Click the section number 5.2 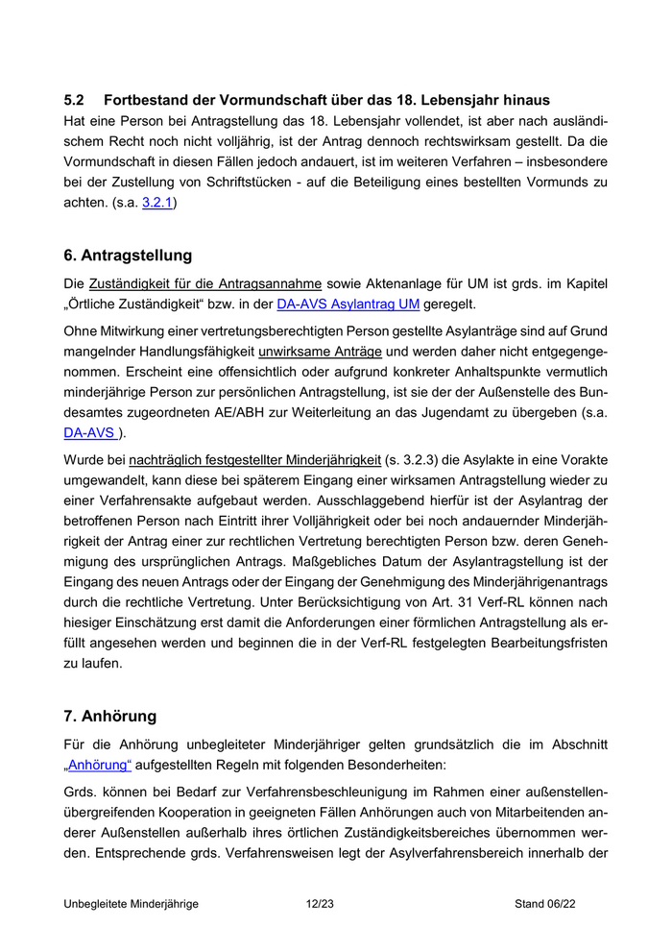pyautogui.click(x=75, y=100)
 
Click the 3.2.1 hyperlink pyautogui.click(x=158, y=204)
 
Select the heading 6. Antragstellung pyautogui.click(x=128, y=256)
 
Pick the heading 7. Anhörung pyautogui.click(x=109, y=716)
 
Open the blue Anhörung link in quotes pyautogui.click(x=100, y=766)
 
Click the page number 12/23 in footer pyautogui.click(x=320, y=904)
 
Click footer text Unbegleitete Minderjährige pyautogui.click(x=132, y=904)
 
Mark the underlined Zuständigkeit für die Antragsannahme pyautogui.click(x=204, y=284)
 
